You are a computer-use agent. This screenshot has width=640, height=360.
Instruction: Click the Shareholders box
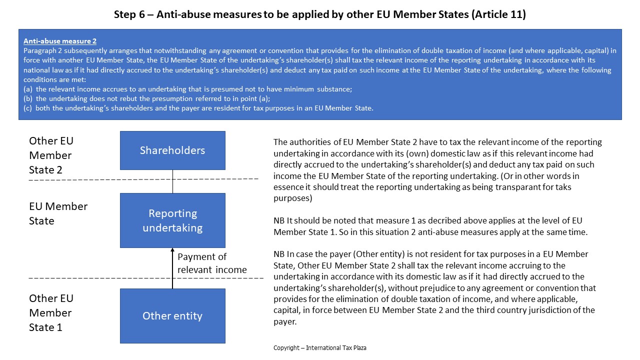click(172, 150)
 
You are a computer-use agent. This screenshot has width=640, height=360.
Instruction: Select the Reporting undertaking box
click(172, 220)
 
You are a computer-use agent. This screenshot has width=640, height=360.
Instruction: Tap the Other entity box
click(172, 316)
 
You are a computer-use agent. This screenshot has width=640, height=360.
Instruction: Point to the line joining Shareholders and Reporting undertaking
click(172, 181)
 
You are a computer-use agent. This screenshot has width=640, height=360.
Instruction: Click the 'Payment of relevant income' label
click(212, 263)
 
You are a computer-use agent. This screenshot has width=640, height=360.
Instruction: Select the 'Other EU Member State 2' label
click(51, 155)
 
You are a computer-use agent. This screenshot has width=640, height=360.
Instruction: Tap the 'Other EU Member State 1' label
click(51, 312)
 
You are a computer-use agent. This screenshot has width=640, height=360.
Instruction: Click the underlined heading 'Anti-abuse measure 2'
click(60, 41)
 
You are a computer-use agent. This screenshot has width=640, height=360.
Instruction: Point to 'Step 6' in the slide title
click(131, 14)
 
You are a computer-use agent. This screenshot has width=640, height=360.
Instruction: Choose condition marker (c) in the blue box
click(28, 108)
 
